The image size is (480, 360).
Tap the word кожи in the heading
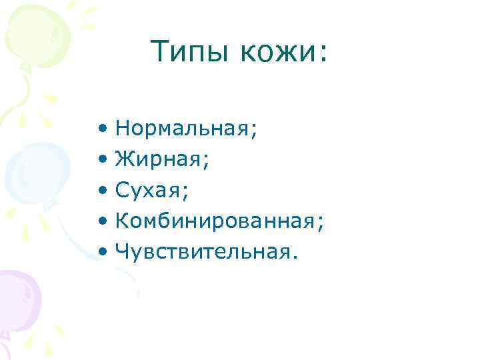[x=274, y=51]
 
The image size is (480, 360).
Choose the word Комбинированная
[x=215, y=221]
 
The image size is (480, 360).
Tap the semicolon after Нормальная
[x=253, y=129]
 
